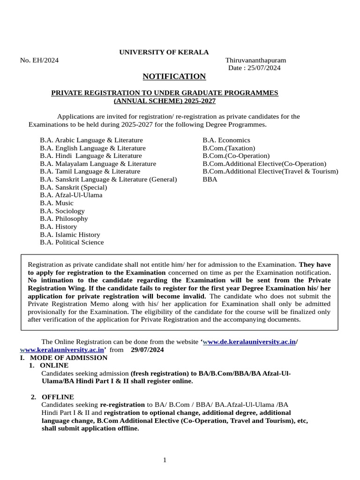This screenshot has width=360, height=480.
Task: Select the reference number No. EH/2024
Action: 39,60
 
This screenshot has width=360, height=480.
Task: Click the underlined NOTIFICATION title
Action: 174,76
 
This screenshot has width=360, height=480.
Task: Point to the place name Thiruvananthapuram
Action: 255,60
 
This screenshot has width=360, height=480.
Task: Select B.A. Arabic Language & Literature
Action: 91,140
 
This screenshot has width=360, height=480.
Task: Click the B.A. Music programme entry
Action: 57,203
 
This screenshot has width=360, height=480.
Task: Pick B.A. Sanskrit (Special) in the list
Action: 74,187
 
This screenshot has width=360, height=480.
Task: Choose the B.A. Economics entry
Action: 226,140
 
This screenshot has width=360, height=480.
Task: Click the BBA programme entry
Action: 210,179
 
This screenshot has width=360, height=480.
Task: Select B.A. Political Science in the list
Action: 72,242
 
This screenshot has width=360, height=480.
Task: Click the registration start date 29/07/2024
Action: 148,350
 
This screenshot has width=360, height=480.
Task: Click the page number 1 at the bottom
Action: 165,460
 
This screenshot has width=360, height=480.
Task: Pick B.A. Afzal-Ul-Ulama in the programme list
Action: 71,195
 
